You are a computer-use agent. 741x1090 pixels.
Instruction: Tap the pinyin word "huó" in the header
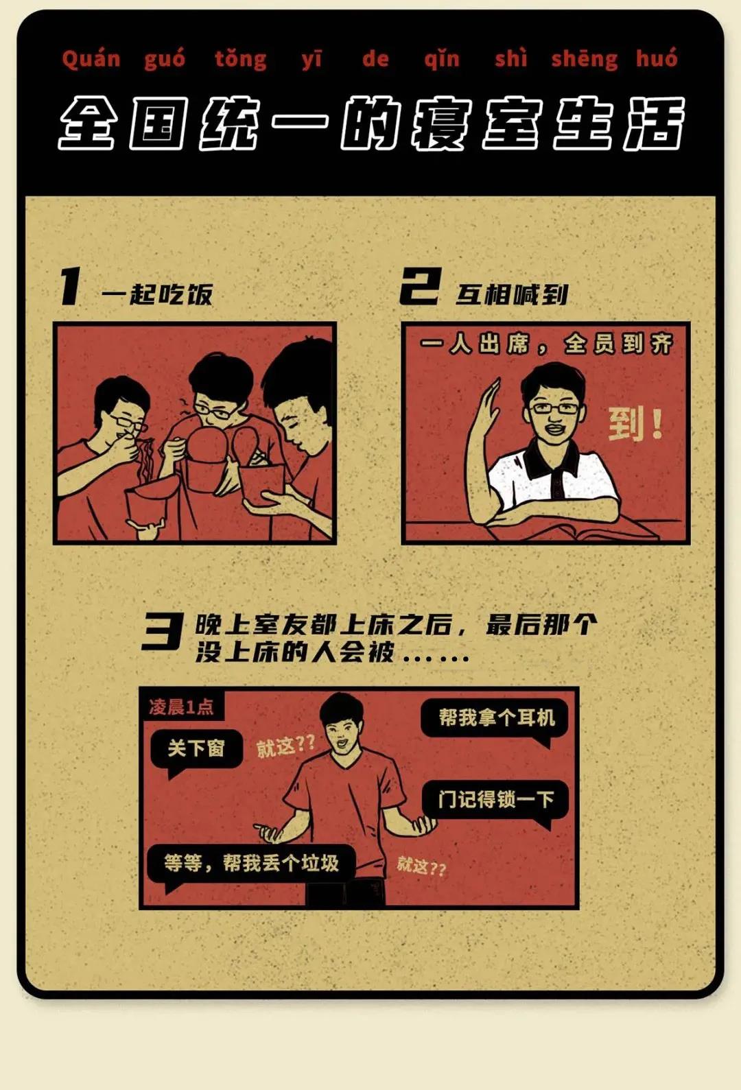pyautogui.click(x=657, y=58)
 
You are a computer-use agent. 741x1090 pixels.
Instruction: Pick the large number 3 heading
pyautogui.click(x=162, y=631)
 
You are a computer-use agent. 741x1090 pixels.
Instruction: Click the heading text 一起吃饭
pyautogui.click(x=157, y=294)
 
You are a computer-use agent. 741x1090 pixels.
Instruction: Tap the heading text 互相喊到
pyautogui.click(x=512, y=294)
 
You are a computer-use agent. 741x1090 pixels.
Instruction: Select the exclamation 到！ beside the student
pyautogui.click(x=635, y=424)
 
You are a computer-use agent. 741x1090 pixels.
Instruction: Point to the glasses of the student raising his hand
pyautogui.click(x=555, y=407)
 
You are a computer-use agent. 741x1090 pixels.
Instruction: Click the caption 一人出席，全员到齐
pyautogui.click(x=547, y=344)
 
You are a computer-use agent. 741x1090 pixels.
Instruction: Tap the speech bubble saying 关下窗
pyautogui.click(x=196, y=749)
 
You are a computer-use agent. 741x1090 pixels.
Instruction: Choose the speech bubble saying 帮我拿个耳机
pyautogui.click(x=495, y=719)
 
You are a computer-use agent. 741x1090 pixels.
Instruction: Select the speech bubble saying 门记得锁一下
pyautogui.click(x=495, y=801)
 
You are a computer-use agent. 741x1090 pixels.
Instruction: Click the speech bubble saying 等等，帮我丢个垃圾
pyautogui.click(x=250, y=863)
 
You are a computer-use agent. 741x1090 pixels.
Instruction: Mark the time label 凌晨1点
pyautogui.click(x=181, y=707)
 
